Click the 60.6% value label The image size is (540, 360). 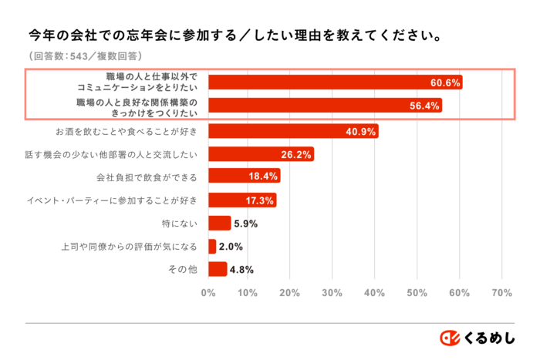(445, 82)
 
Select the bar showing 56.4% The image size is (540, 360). (324, 106)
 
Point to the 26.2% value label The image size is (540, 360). (297, 154)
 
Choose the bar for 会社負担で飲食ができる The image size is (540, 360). (243, 177)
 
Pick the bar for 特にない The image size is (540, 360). (219, 224)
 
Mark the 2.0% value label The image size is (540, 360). (231, 247)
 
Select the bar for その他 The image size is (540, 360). (217, 270)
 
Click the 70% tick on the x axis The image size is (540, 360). (501, 293)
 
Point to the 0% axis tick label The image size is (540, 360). (208, 293)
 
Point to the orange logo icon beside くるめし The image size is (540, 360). (450, 338)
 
